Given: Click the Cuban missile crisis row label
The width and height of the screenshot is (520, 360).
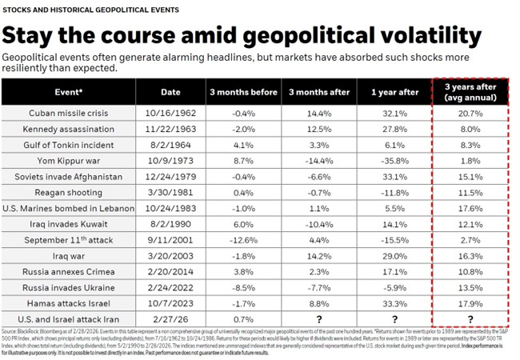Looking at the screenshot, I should point(64,114).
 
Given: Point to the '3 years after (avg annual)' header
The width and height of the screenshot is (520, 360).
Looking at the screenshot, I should point(470,92).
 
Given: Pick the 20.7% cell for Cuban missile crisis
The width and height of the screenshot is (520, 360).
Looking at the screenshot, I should point(470,114).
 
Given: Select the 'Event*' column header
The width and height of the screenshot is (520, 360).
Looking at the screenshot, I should point(64,92).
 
